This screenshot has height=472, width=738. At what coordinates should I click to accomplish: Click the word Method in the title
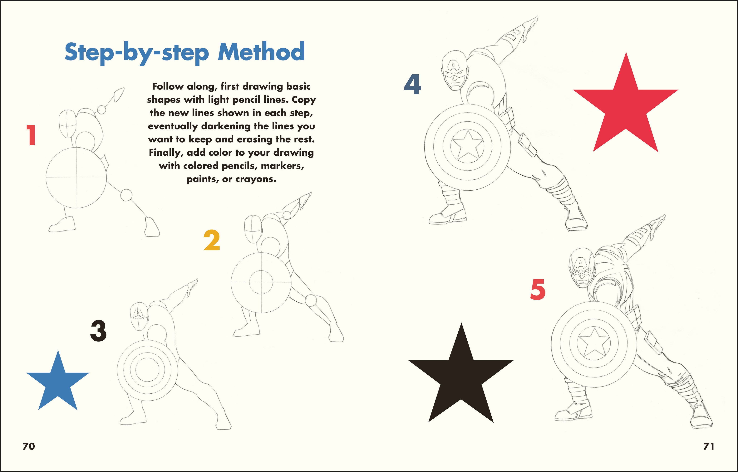coord(261,52)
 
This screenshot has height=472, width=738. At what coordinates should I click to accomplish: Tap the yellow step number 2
coord(212,240)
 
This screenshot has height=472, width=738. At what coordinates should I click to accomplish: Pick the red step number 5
coord(538,290)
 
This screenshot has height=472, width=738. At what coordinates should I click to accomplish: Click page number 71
coord(709,446)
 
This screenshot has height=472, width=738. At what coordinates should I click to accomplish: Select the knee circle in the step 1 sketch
coord(126,195)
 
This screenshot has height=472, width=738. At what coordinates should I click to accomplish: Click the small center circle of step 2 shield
coord(261,282)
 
